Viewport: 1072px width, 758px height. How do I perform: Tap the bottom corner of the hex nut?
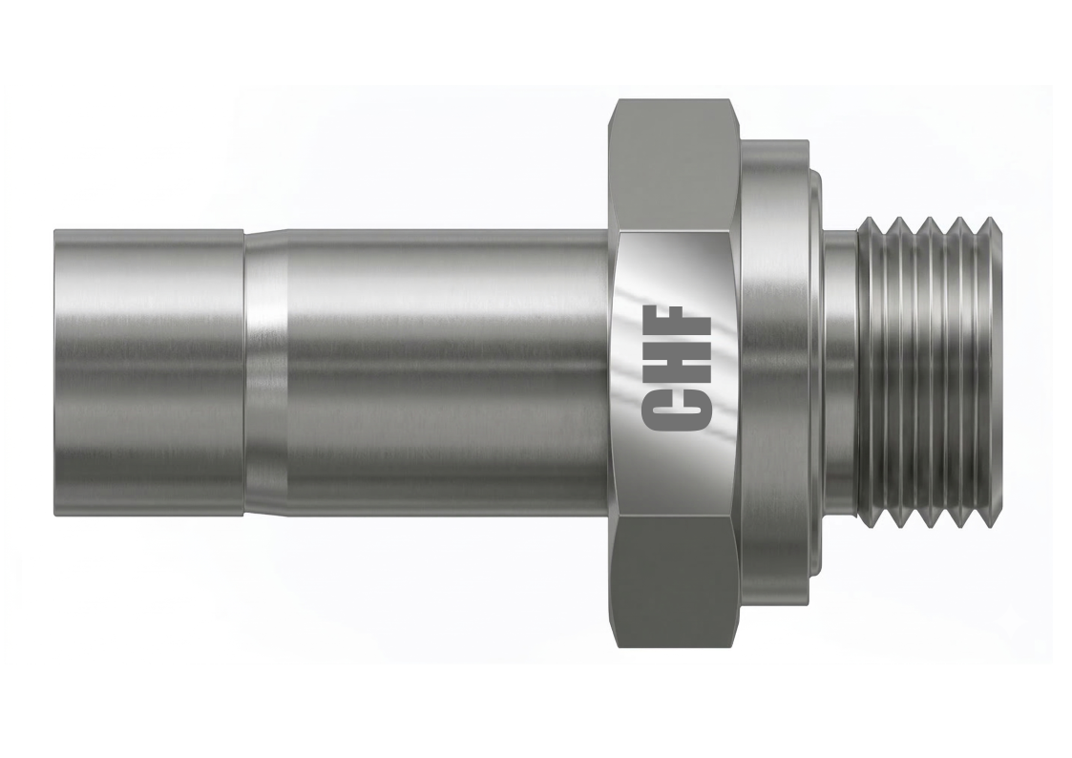[674, 650]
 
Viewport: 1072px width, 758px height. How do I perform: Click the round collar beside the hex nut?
[778, 372]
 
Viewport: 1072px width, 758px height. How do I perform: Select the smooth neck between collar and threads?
[840, 372]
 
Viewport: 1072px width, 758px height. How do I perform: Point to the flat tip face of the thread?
[993, 372]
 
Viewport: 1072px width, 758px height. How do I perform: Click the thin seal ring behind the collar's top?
[816, 181]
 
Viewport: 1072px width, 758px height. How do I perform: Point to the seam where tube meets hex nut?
[608, 372]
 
